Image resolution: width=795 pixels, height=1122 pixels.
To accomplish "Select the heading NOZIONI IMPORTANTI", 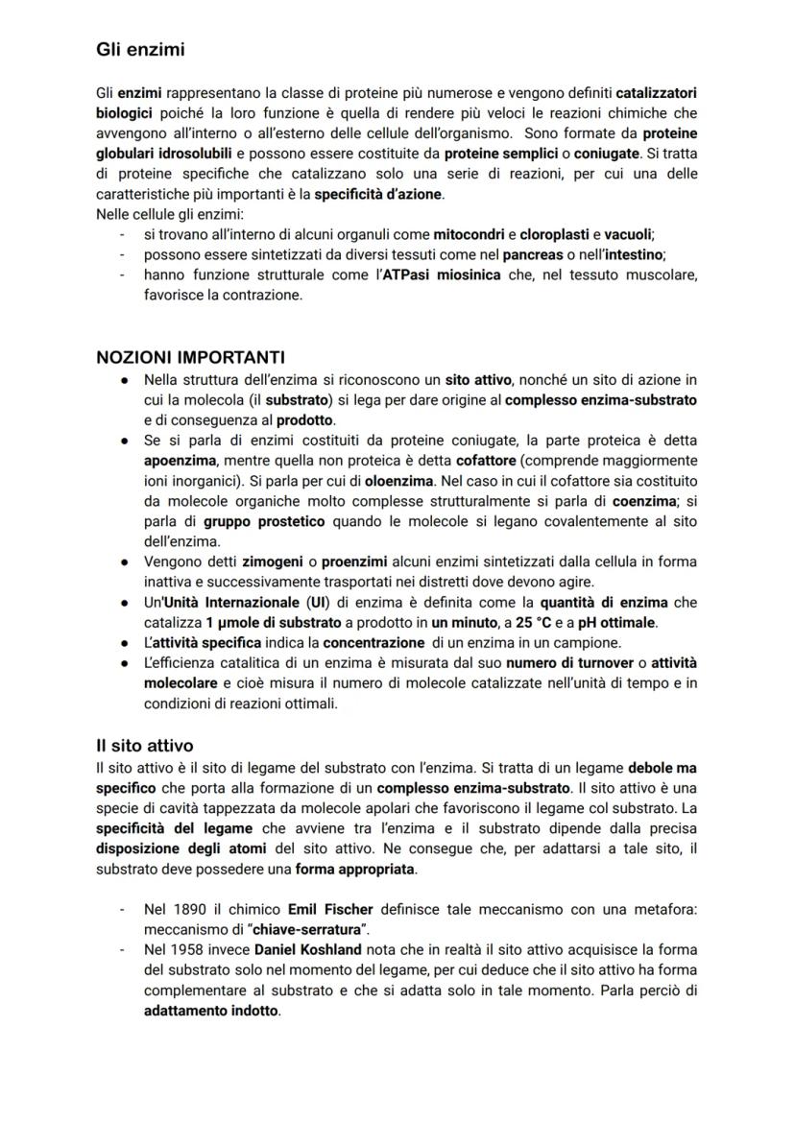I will point(190,358).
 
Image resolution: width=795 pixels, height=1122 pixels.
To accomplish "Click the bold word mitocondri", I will point(469,234).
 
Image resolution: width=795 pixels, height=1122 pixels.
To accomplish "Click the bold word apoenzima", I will point(180,460).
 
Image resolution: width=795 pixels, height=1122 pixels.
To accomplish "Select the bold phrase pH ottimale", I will point(611,622).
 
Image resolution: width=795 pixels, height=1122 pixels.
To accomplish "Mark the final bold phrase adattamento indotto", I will point(211,1011).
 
